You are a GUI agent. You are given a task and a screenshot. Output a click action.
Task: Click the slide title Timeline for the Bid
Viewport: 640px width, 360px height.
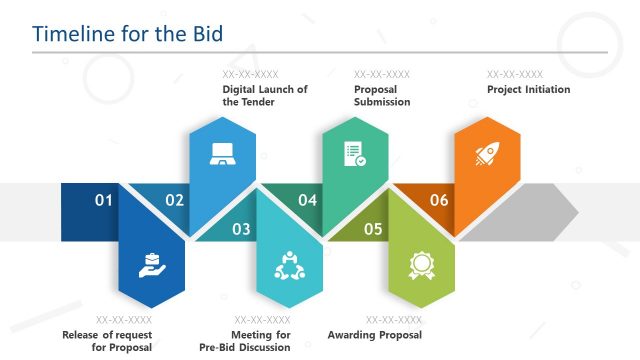coord(127,33)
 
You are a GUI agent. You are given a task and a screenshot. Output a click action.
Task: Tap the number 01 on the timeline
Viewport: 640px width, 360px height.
coord(104,200)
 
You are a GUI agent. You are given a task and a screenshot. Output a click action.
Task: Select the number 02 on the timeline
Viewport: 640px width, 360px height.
coord(175,200)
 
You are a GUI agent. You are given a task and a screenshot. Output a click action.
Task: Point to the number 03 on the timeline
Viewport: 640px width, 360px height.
coord(241,229)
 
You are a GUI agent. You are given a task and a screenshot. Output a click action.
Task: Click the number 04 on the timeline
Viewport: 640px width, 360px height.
coord(307,200)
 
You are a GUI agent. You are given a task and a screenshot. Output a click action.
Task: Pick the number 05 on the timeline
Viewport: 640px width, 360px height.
coord(373,229)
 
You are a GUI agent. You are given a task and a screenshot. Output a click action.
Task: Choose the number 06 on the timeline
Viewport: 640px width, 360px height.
coord(439,200)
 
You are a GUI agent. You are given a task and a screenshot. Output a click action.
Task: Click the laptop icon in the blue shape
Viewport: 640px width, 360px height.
coord(221,154)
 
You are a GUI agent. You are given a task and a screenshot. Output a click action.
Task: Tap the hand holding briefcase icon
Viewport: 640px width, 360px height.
coord(151,265)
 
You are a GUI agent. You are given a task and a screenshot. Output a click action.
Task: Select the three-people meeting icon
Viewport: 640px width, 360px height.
coord(289,265)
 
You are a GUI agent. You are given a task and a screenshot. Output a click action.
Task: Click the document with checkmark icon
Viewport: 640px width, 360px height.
coord(354,154)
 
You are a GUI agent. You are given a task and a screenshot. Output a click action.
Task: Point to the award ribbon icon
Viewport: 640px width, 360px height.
coord(420,265)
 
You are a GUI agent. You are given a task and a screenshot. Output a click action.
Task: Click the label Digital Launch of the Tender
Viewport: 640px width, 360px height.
coord(265,95)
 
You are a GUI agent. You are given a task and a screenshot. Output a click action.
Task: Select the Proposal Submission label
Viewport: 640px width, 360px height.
coord(382,95)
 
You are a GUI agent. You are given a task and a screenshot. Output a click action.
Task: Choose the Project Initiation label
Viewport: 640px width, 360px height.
coord(528,89)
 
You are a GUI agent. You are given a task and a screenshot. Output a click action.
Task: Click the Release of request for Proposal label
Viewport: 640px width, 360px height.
coord(107,341)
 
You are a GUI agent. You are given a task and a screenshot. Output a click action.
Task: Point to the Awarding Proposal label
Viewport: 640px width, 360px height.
coord(375,335)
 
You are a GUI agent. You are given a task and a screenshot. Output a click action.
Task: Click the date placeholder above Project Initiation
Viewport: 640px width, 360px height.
coord(515,74)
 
